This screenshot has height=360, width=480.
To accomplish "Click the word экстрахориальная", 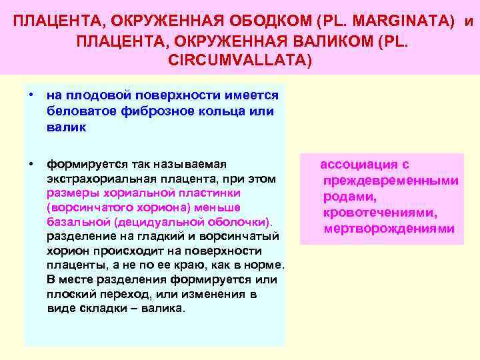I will tap(98, 179).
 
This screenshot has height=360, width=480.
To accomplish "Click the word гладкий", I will tap(138, 237).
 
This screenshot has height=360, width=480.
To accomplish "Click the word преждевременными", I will tap(390, 181).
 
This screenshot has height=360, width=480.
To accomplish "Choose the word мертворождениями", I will tap(389, 229).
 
